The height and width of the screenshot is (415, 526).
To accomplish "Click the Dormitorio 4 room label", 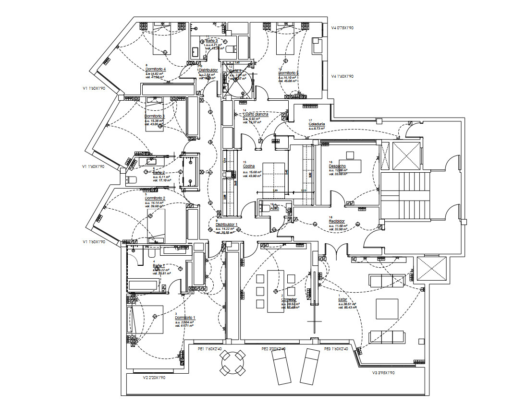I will (x=155, y=69).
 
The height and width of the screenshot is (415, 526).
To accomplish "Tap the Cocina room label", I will (x=249, y=166).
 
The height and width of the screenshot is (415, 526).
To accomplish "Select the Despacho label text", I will (x=338, y=166).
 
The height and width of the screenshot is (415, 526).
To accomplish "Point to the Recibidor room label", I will (x=337, y=221).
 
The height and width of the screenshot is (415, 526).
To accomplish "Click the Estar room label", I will (x=343, y=300).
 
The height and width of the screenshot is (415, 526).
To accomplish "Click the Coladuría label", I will (x=317, y=124).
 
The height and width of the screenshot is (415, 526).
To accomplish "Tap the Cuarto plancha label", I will (x=256, y=114).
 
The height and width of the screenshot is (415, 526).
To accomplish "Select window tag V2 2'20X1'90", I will (x=154, y=378).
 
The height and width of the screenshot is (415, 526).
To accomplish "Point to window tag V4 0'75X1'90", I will (x=342, y=28).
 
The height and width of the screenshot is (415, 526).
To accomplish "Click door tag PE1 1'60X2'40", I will (x=210, y=349).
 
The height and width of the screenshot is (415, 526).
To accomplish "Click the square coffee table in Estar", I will (x=387, y=309).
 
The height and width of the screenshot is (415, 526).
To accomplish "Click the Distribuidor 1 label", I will (x=226, y=224).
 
